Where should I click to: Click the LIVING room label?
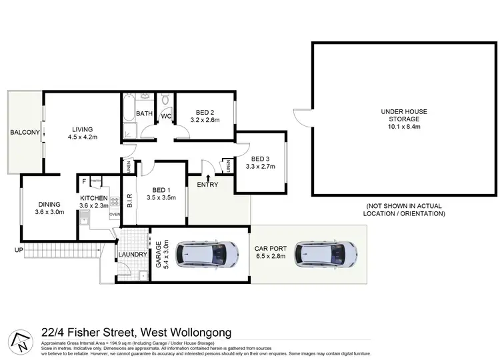pos(83,129)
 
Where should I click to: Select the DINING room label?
pos(50,205)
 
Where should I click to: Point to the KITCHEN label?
pos(93,198)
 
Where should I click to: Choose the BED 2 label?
pos(205,111)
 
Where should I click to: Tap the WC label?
pos(167,116)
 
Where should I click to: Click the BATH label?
pos(145,113)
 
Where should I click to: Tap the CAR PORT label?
pos(269,249)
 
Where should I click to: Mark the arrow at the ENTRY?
pos(209,178)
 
